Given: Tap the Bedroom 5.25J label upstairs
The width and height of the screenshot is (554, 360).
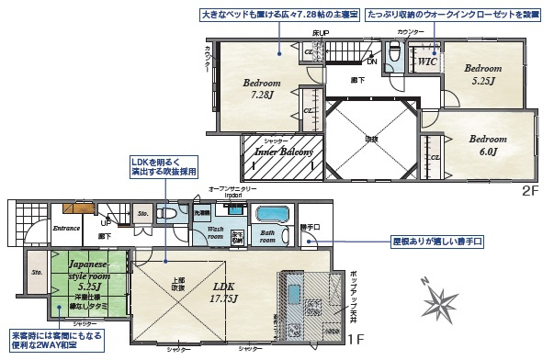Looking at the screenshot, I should point(481,74).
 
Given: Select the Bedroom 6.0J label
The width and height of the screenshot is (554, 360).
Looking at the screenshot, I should point(486,144).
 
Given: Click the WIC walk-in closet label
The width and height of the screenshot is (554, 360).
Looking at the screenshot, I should point(426,62).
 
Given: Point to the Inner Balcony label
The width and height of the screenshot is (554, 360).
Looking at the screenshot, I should point(279,152).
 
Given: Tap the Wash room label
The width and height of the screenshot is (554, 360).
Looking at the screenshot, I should point(214,232).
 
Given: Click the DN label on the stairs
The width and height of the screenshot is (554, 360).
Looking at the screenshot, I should point(371,62).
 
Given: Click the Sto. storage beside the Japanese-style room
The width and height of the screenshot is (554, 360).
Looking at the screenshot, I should point(37,273).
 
